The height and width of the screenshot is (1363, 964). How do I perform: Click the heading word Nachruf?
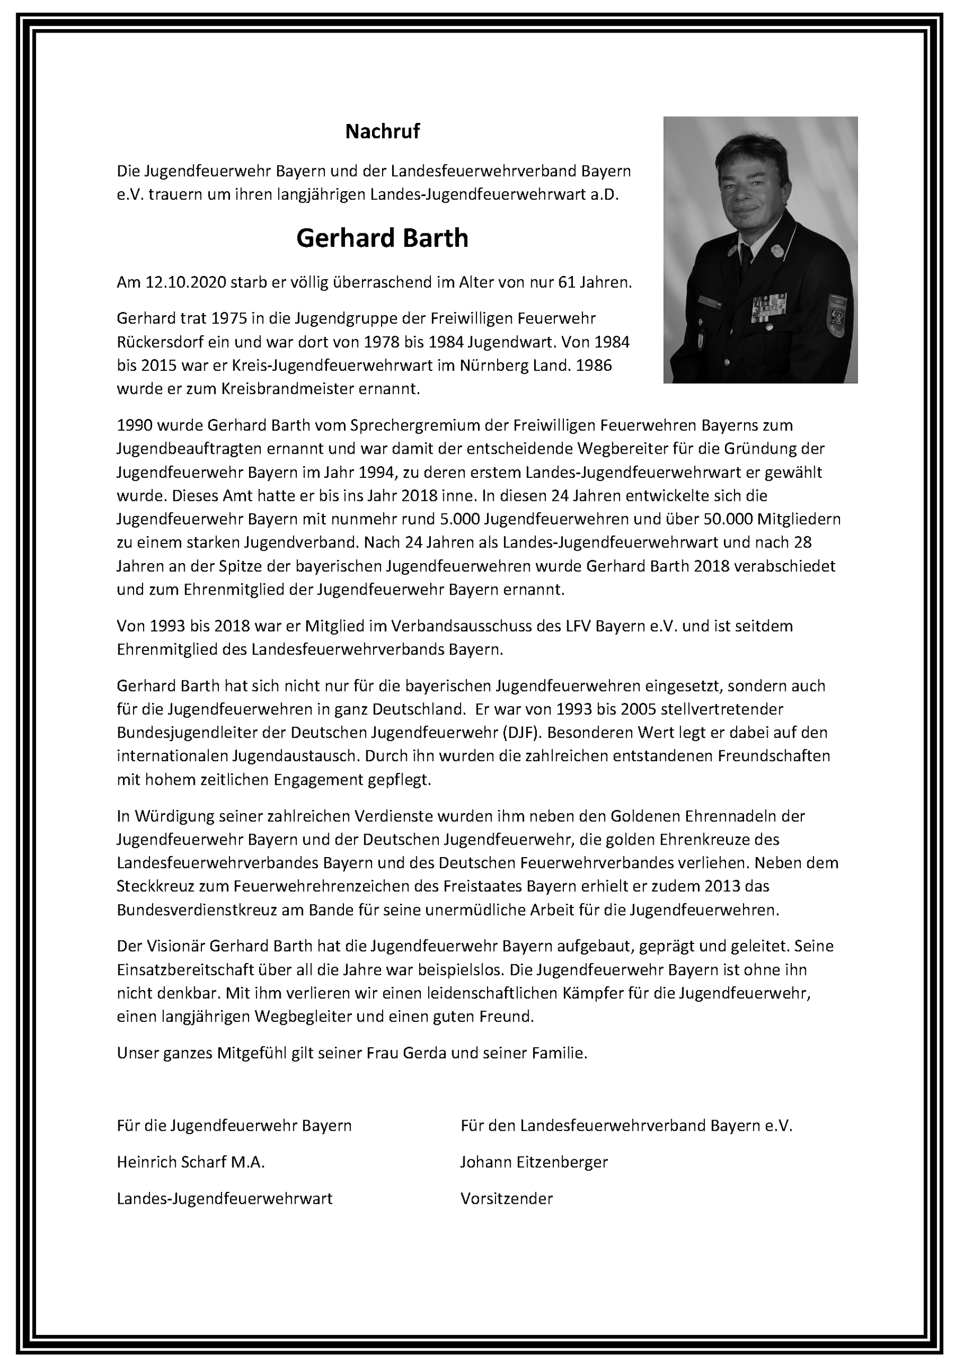click(x=383, y=131)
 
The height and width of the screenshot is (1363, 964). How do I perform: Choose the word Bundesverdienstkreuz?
click(x=204, y=910)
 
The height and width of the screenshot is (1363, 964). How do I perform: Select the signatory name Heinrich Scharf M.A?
click(x=191, y=1162)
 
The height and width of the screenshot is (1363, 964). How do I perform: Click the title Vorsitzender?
click(x=506, y=1198)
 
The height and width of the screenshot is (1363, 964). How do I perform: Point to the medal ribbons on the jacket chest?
click(x=767, y=308)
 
